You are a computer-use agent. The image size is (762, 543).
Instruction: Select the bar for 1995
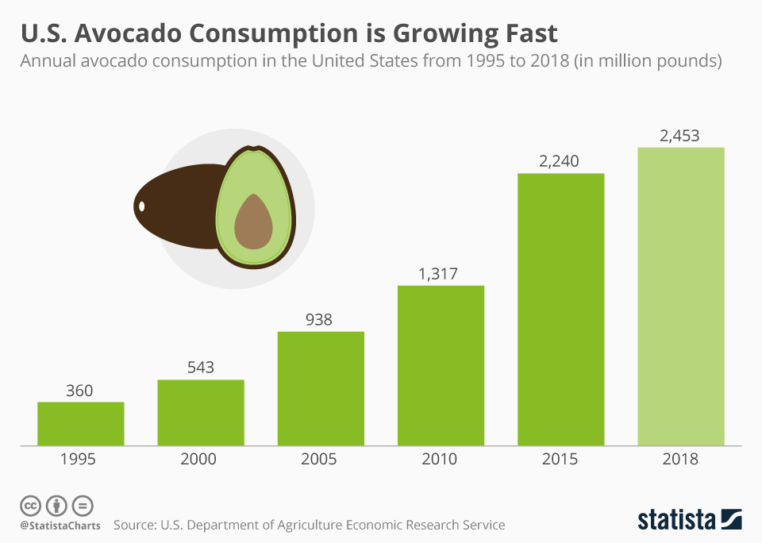click(x=81, y=423)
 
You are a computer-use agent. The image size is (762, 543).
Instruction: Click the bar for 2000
click(x=201, y=412)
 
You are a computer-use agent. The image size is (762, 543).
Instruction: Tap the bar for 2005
click(x=321, y=388)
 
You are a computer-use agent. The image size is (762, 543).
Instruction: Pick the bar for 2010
click(x=441, y=365)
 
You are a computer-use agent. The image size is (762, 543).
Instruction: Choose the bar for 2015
click(x=560, y=309)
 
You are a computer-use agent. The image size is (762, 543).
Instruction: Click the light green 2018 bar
click(x=681, y=296)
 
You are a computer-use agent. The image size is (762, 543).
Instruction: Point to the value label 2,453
click(x=680, y=136)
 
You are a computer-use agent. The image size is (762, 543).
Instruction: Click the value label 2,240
click(x=560, y=161)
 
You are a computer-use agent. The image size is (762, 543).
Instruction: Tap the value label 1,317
click(x=440, y=274)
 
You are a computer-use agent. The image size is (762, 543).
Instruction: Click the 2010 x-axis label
click(x=440, y=459)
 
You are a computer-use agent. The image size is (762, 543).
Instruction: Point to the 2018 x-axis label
click(x=680, y=459)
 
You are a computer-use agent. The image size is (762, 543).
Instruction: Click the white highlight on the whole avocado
click(x=142, y=206)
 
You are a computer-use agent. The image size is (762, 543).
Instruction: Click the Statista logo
click(x=690, y=520)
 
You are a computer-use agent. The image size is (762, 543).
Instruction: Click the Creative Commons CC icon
click(x=30, y=505)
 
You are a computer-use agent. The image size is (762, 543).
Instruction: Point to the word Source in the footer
click(x=133, y=525)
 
